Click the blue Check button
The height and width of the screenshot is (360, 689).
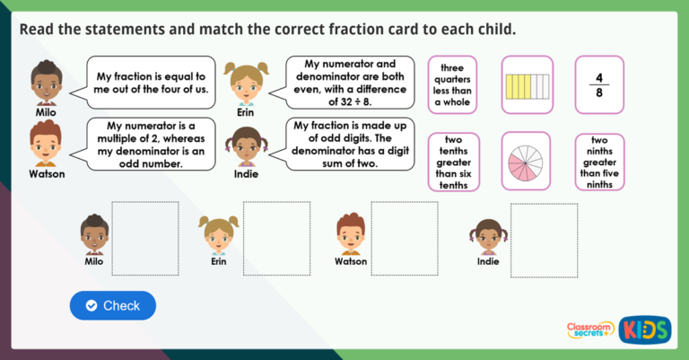113,305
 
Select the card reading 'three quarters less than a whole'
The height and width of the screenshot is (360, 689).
454,84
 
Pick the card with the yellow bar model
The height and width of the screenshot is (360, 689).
527,84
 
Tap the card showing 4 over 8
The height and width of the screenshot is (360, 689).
600,84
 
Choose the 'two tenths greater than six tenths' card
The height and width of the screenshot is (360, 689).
454,162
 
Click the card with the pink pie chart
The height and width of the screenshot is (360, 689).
527,162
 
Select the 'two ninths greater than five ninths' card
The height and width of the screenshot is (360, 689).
600,162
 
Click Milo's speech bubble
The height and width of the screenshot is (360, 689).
151,83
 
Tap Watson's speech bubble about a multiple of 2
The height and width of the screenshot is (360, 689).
151,145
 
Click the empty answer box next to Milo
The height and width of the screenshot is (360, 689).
144,238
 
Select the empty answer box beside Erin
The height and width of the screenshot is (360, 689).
276,238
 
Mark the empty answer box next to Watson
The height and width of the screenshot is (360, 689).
405,238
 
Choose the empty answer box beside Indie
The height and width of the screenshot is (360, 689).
544,238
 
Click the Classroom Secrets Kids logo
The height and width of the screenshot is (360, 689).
618,329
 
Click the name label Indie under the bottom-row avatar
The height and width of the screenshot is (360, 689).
488,262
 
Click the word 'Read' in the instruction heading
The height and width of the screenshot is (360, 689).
37,29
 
